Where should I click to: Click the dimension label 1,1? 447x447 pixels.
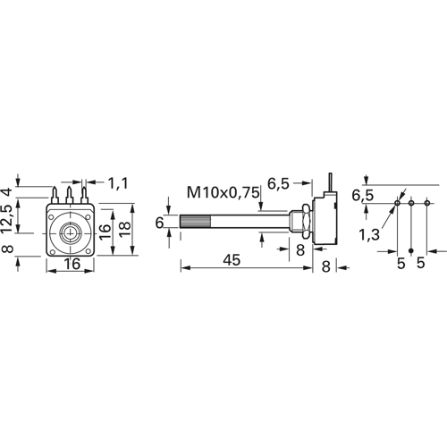click(118, 183)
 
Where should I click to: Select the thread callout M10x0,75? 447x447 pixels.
click(223, 192)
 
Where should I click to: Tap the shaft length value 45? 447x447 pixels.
click(232, 260)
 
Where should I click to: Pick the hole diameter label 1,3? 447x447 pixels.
click(369, 234)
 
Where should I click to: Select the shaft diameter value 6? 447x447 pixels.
click(160, 223)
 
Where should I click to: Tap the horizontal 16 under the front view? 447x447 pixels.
click(72, 264)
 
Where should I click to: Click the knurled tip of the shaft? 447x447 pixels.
click(196, 222)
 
